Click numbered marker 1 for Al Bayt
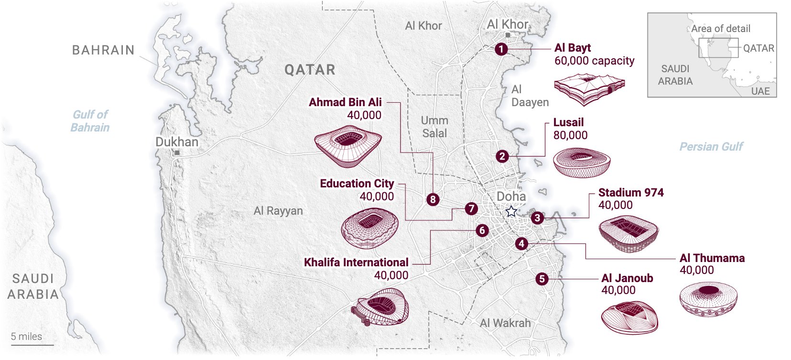[501, 49]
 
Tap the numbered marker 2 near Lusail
[502, 156]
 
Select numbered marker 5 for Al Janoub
[542, 279]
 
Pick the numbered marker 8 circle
[433, 199]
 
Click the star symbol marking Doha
[511, 211]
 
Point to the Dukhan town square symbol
[177, 153]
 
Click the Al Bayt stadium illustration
[589, 88]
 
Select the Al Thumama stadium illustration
[708, 298]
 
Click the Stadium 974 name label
[630, 193]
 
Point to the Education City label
[357, 184]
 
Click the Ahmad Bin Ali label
[345, 102]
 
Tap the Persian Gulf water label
[711, 147]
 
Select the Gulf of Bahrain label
[90, 121]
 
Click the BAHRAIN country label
[103, 50]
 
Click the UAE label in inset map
[760, 91]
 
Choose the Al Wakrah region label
[505, 323]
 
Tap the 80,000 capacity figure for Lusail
[570, 135]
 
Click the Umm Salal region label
[434, 127]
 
